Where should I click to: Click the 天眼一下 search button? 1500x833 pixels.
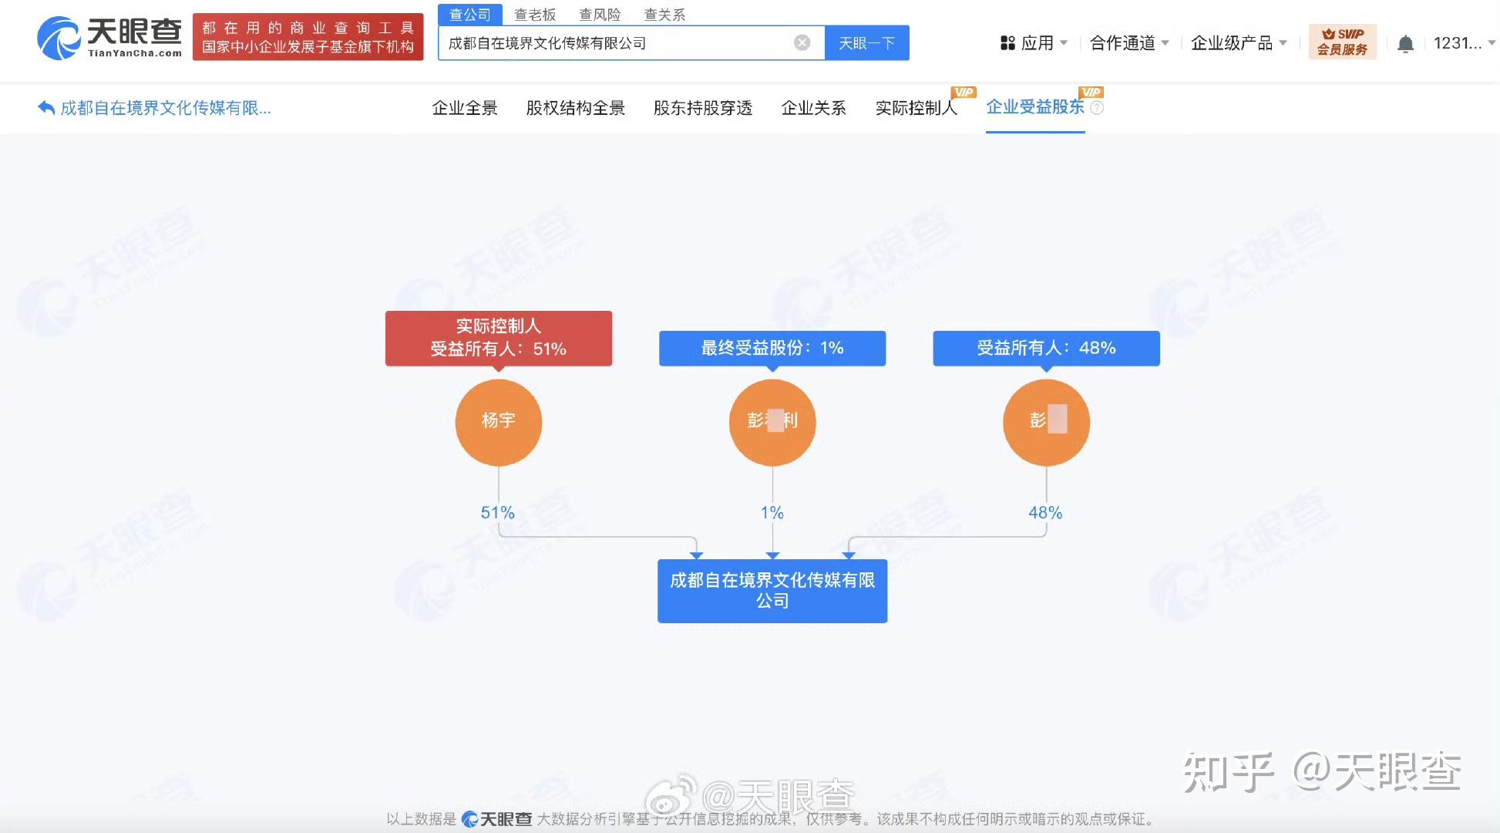point(866,43)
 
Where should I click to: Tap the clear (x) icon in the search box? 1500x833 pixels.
point(802,43)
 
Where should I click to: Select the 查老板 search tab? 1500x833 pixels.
point(534,15)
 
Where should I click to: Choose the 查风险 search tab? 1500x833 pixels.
point(599,15)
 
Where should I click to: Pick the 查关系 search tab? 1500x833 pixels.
point(664,15)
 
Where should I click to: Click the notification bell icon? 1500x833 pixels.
point(1405,44)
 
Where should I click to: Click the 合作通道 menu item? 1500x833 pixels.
point(1128,43)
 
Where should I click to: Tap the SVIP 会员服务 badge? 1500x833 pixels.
point(1342,42)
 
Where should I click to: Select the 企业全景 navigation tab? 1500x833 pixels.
point(465,108)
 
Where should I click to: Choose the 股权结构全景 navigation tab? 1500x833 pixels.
point(575,108)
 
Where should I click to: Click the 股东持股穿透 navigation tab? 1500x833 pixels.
point(702,108)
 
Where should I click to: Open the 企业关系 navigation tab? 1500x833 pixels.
point(813,108)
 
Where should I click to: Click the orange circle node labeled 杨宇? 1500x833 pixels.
point(498,422)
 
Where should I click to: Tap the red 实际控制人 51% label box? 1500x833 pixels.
point(498,338)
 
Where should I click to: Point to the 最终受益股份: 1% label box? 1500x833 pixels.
point(772,348)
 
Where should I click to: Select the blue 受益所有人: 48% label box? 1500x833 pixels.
point(1046,348)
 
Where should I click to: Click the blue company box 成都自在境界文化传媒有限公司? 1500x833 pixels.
point(772,591)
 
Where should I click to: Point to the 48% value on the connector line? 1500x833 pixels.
point(1044,513)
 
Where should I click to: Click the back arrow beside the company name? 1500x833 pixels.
point(46,108)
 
